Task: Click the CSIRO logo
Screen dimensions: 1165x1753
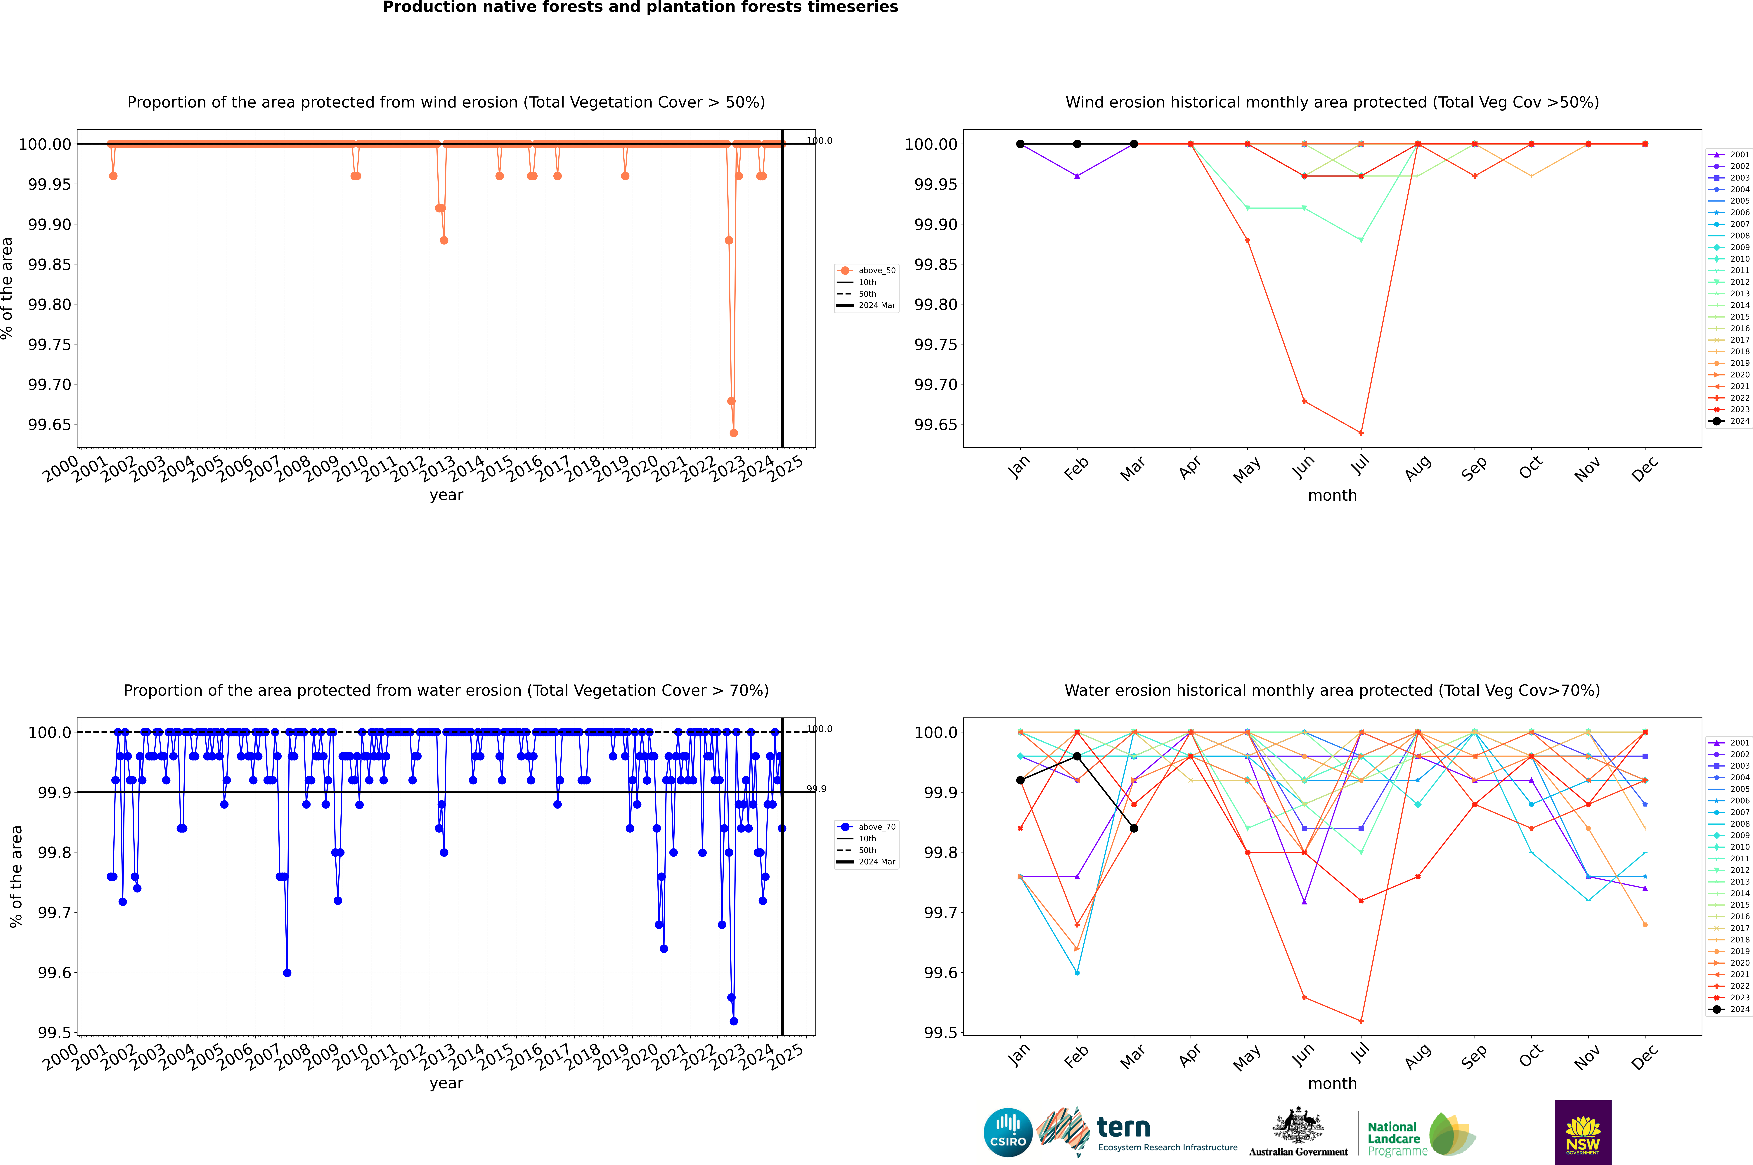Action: click(1008, 1132)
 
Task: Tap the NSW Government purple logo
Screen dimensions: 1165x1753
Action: click(1583, 1132)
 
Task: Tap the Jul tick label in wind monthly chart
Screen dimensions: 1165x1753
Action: click(1359, 466)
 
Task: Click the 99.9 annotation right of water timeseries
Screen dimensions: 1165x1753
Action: click(816, 789)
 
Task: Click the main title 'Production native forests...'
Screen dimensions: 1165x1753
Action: click(640, 7)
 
